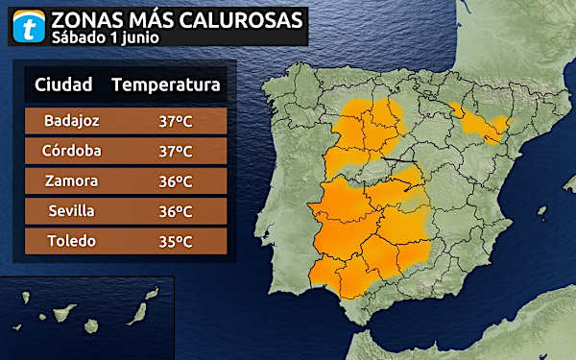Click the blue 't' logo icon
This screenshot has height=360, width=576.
pos(30,26)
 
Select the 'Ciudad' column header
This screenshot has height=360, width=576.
pos(63,84)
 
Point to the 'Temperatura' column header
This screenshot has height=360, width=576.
pos(166,84)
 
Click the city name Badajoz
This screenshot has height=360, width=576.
pos(72,121)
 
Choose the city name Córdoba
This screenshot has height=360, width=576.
pos(72,151)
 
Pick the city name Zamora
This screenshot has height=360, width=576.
pos(72,180)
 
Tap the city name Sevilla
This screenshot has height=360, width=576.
pos(72,211)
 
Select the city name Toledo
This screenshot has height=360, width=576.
pos(72,241)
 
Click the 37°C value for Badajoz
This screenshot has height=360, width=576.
pos(176,121)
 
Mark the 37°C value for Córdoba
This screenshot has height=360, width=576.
pos(176,151)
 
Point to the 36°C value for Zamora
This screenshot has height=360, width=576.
pos(176,180)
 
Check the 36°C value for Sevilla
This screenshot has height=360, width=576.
pos(176,211)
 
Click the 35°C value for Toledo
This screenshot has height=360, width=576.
pos(176,241)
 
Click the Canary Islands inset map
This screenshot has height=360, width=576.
pos(86,317)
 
